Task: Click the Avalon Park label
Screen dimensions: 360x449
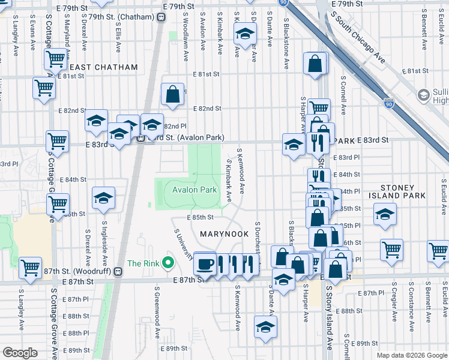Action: tap(194, 190)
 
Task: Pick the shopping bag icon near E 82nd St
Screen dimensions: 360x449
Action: tap(173, 94)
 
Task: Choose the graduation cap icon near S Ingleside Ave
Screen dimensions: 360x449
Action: tap(103, 197)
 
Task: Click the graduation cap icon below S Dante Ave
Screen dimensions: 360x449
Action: tap(265, 327)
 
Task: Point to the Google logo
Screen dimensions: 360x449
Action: tap(20, 353)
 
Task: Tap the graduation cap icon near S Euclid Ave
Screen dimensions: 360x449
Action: tap(385, 214)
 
